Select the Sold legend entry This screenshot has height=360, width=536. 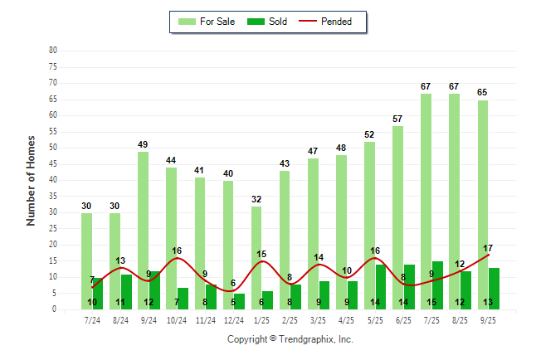pos(268,22)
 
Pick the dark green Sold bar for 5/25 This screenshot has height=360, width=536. pos(381,286)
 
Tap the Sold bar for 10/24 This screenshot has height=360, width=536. pos(183,298)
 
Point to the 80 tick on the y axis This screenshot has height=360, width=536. pos(53,50)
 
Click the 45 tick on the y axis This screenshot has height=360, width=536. pos(53,163)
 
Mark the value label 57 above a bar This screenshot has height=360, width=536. pos(397,119)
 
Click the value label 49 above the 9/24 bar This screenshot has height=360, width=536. pos(143,144)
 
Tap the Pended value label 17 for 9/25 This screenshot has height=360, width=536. pos(488,248)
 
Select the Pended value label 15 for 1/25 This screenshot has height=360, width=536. pos(261,255)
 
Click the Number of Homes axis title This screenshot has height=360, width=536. pos(31,180)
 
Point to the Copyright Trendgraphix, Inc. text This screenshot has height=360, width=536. pos(290,339)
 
